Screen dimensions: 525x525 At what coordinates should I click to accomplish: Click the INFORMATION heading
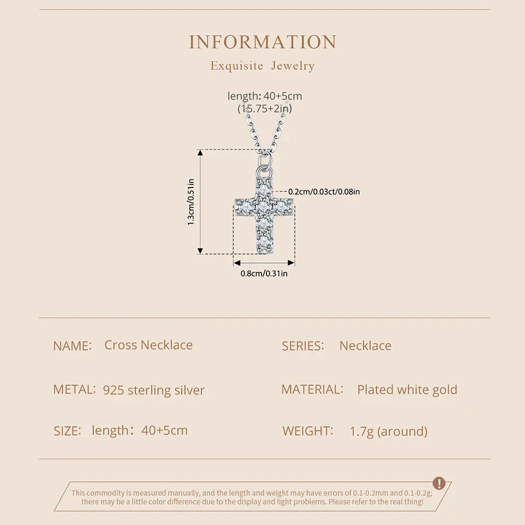point(262,42)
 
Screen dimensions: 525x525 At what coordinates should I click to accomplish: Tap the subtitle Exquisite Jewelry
point(262,66)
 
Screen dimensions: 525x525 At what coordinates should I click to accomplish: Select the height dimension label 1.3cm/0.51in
point(191,202)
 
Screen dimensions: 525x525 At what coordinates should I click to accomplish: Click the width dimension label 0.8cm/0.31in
point(264,273)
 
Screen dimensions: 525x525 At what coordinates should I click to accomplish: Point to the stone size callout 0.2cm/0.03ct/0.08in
point(324,192)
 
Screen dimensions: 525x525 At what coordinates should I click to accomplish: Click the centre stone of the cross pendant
point(264,207)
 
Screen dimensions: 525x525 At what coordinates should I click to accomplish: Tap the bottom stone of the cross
point(264,241)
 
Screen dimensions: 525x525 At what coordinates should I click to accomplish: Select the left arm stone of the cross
point(246,207)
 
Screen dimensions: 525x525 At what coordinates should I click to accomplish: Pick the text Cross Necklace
point(148,345)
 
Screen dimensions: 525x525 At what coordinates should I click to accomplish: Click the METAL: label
point(74,389)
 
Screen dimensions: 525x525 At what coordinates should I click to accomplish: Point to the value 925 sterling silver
point(154,390)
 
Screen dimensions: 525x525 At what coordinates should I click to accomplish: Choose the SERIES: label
point(302,346)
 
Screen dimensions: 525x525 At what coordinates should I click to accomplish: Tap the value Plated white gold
point(407,390)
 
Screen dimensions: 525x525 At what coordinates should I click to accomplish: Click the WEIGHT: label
point(308,431)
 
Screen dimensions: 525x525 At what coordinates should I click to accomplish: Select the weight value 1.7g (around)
point(388,431)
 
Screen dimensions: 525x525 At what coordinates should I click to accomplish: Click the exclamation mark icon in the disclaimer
point(439,483)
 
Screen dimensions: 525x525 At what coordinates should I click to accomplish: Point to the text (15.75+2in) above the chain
point(265,108)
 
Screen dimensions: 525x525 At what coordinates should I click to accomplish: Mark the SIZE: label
point(67,431)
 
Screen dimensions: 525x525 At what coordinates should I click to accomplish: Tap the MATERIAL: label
point(312,389)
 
